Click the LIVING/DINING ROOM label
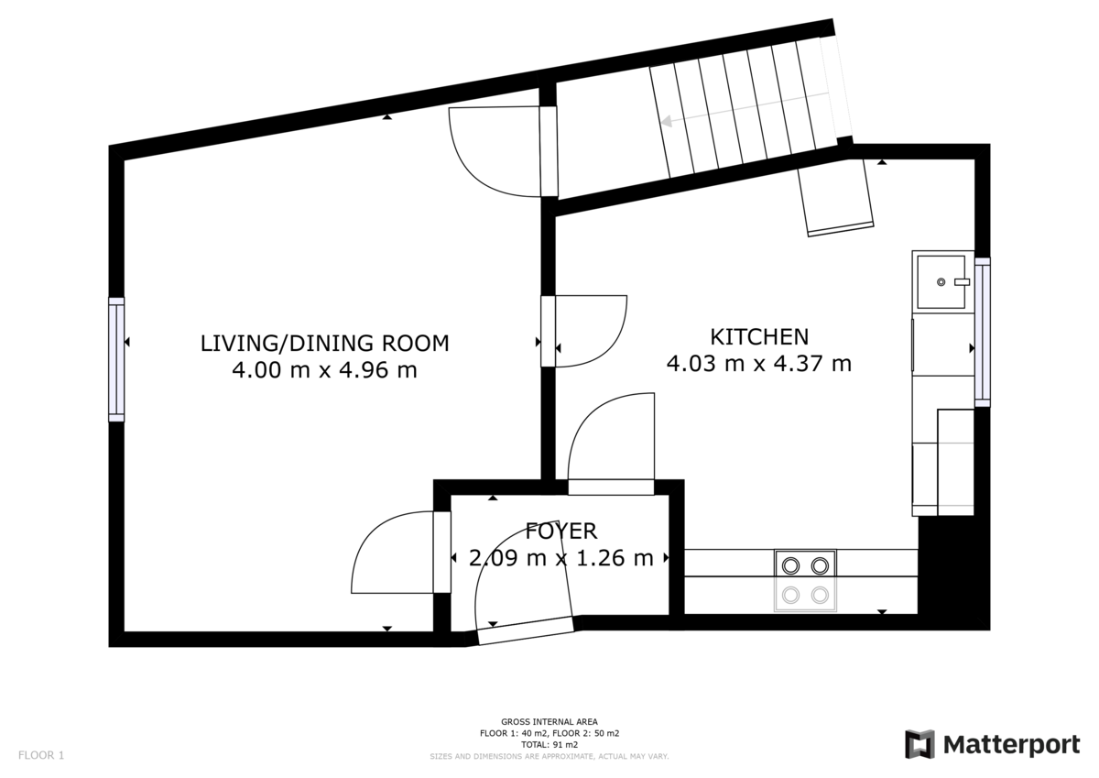[325, 344]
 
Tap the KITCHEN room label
[759, 336]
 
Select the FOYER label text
[560, 531]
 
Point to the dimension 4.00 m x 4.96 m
[325, 371]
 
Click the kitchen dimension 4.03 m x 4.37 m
[759, 364]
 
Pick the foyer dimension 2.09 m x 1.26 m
[560, 557]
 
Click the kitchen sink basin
[942, 282]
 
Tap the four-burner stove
[806, 580]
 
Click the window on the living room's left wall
[116, 359]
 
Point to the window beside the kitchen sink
[983, 332]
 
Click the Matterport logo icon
[919, 744]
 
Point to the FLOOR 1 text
[41, 756]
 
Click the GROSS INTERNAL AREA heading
[549, 722]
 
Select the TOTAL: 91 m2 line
[549, 745]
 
